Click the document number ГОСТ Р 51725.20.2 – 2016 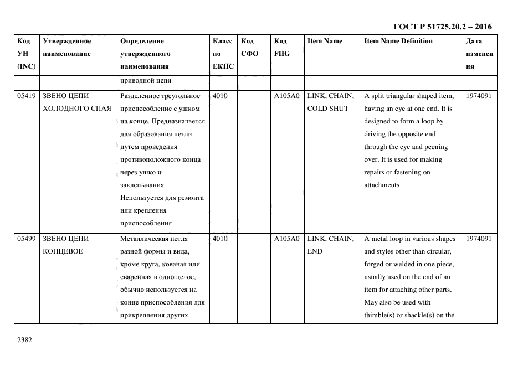tap(442, 27)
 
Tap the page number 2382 tap(25, 340)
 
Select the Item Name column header tap(325, 41)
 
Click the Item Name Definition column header tap(398, 41)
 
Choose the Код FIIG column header tap(282, 48)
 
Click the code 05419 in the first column tap(27, 96)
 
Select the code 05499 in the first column tap(27, 239)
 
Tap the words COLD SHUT tap(328, 109)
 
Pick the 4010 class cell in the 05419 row tap(220, 96)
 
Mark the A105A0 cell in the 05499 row tap(286, 239)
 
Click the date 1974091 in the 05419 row tap(478, 96)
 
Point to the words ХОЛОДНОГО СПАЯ tap(76, 109)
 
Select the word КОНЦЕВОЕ tap(62, 251)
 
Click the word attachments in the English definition tap(381, 185)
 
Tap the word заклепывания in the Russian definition tap(142, 185)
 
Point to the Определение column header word tap(142, 41)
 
